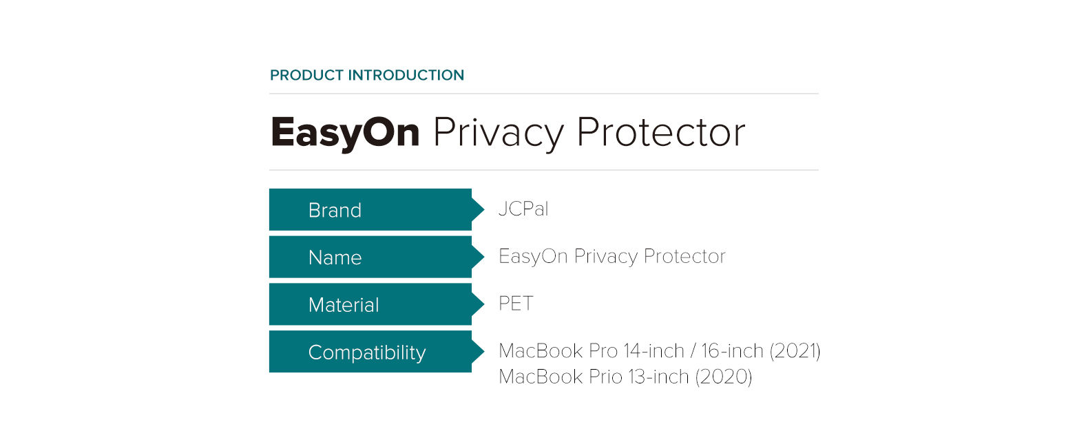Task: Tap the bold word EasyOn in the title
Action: (x=345, y=132)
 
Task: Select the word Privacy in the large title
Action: (x=498, y=133)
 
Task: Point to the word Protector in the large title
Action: (x=661, y=132)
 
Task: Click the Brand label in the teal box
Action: (x=335, y=210)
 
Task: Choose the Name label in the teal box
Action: (x=335, y=257)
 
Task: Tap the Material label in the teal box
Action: (x=344, y=305)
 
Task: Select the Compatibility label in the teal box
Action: (x=367, y=352)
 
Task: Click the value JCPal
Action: (x=523, y=209)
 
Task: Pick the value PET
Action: (x=516, y=304)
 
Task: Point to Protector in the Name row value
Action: (x=684, y=256)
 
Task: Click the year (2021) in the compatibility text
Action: (x=795, y=351)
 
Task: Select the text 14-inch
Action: (x=653, y=351)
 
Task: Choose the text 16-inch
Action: (x=732, y=351)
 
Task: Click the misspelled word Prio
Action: (x=606, y=377)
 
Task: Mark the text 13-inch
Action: (x=658, y=377)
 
